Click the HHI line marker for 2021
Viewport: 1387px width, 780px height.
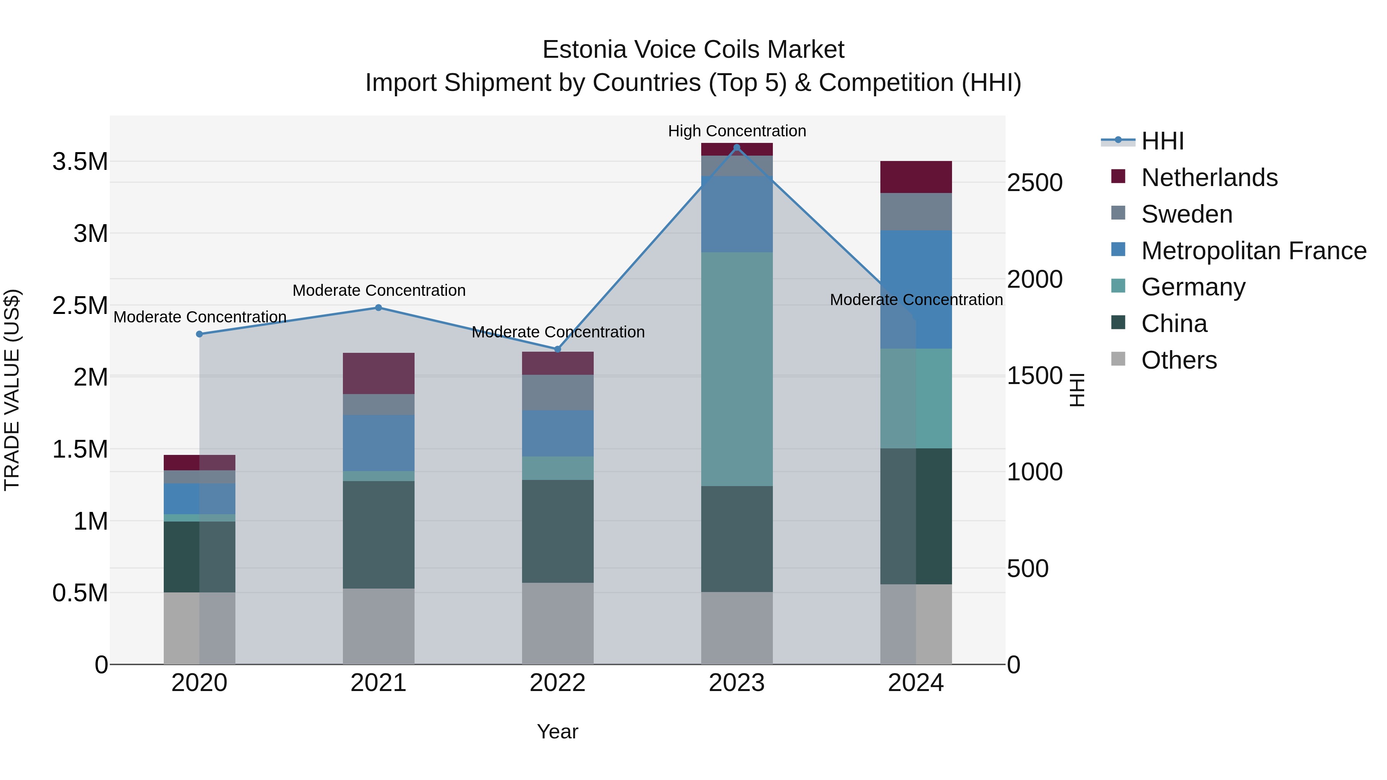378,308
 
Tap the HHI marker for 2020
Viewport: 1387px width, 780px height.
199,334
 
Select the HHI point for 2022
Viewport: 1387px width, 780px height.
558,349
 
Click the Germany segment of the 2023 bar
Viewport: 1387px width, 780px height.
737,369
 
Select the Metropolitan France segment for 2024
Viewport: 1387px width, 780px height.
916,290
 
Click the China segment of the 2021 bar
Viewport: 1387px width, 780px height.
378,535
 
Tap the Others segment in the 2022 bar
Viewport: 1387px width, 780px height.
558,623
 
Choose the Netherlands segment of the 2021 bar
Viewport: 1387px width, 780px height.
378,374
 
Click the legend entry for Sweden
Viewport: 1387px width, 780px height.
1187,214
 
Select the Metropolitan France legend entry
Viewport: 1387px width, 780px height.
1253,251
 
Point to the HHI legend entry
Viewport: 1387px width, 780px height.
1162,141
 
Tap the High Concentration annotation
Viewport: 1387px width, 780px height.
737,131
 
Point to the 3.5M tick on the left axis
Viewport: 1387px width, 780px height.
80,161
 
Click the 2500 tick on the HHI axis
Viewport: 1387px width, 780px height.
1034,183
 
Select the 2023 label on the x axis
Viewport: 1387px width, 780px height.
737,683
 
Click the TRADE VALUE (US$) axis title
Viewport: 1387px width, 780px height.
12,390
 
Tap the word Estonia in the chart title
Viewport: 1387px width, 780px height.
584,50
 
